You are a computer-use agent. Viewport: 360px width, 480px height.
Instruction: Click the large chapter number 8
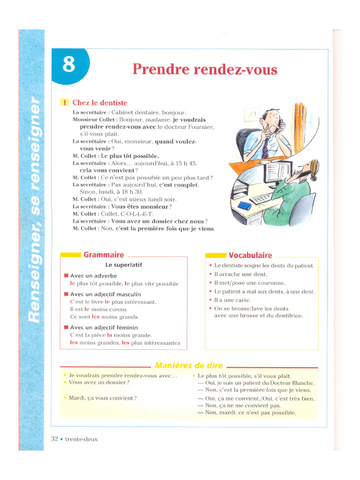[x=68, y=65]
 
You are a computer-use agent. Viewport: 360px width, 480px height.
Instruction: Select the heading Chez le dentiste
[x=99, y=103]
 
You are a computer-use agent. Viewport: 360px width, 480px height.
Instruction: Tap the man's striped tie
[x=265, y=149]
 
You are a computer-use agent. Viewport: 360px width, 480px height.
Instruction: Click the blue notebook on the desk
[x=245, y=205]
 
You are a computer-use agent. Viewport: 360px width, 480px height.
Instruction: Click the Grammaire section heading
[x=104, y=255]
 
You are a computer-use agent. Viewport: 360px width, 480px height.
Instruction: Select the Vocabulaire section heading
[x=250, y=255]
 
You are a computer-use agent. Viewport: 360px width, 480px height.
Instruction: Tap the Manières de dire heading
[x=188, y=366]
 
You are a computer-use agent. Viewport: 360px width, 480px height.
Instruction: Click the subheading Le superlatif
[x=123, y=265]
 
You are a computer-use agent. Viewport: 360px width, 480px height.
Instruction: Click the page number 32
[x=54, y=439]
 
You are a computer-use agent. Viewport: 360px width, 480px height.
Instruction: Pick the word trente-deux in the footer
[x=82, y=439]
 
